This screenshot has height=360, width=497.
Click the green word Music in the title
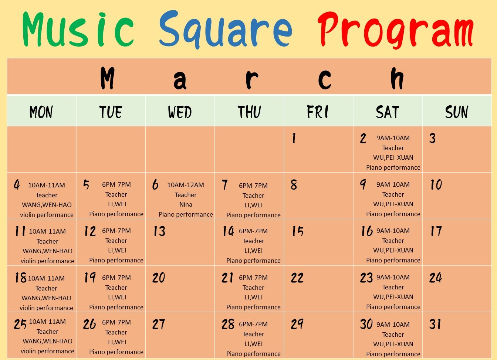(78, 30)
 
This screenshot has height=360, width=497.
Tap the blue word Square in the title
(226, 30)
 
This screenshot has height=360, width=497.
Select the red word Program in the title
(396, 30)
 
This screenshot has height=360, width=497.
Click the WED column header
(180, 112)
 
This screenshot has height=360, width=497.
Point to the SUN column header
(457, 112)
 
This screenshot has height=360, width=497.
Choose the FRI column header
(318, 112)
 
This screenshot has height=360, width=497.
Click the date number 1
(294, 138)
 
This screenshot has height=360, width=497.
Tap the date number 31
(435, 324)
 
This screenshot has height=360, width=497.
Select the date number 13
(159, 231)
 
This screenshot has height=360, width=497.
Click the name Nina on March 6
(186, 204)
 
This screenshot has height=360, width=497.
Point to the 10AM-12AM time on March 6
(186, 185)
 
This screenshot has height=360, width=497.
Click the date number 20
(159, 278)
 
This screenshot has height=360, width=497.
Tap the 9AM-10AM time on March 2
(393, 138)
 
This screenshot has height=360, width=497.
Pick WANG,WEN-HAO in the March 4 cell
(47, 205)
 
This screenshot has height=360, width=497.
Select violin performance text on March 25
(47, 351)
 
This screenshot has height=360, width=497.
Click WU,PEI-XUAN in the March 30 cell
(393, 344)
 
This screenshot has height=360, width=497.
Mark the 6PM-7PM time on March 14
(253, 231)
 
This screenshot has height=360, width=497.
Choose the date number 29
(297, 324)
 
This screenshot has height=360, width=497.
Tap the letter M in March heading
(108, 78)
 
